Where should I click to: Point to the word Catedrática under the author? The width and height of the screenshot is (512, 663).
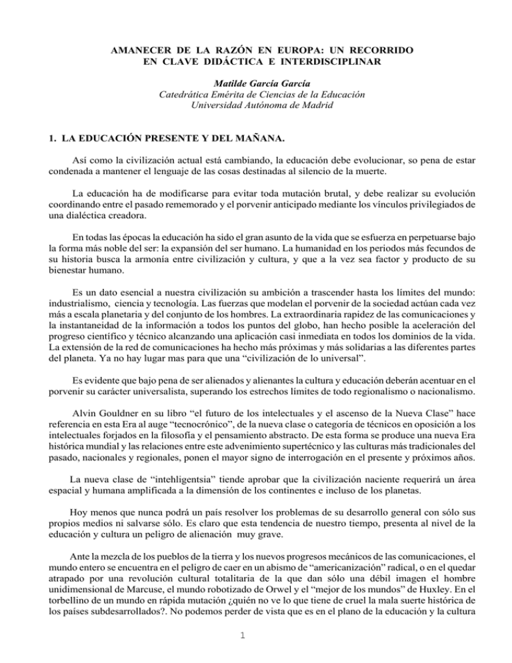(187, 94)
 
